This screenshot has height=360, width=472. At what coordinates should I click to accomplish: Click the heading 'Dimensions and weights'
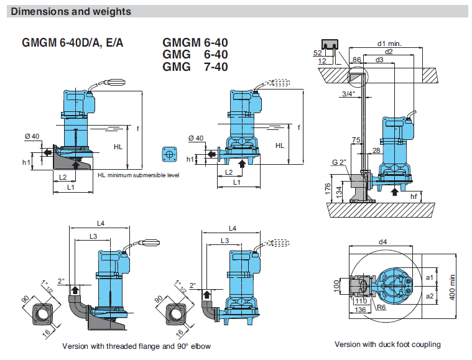(71, 11)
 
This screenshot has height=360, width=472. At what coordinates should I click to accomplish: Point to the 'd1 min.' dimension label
(389, 44)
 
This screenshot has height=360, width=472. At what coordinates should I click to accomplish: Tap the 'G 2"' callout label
(339, 162)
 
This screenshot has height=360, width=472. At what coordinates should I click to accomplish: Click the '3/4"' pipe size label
(348, 93)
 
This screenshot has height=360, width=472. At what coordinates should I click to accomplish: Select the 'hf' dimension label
(414, 196)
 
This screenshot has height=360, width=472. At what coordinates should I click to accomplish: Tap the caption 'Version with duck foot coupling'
(387, 344)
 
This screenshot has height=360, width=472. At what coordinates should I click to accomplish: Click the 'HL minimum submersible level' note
(138, 175)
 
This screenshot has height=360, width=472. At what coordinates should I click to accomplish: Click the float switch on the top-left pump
(116, 81)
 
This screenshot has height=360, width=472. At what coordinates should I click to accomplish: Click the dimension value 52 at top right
(318, 52)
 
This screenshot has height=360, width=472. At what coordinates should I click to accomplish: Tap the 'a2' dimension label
(429, 297)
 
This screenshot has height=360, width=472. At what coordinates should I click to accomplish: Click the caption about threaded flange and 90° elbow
(137, 346)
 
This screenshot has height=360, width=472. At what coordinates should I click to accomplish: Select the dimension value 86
(356, 60)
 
